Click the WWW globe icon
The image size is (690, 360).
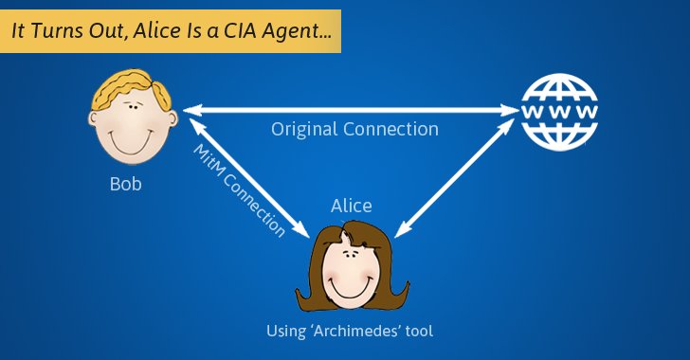pyautogui.click(x=560, y=111)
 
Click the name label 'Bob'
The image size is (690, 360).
pyautogui.click(x=125, y=184)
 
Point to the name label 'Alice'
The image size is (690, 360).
pyautogui.click(x=351, y=206)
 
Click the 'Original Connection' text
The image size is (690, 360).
pyautogui.click(x=354, y=129)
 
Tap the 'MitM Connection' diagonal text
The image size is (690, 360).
pyautogui.click(x=239, y=189)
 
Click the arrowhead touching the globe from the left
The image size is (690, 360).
pyautogui.click(x=512, y=111)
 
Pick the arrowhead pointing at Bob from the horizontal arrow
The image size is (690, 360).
pyautogui.click(x=190, y=111)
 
